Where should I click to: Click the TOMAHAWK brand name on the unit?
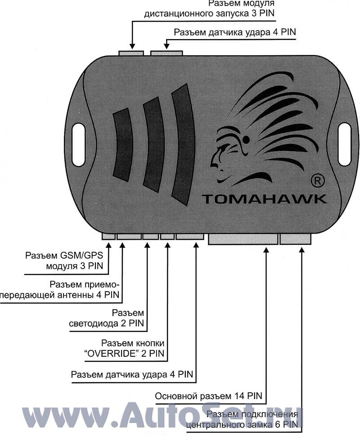click(x=264, y=198)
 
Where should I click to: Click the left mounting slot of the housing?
click(x=79, y=138)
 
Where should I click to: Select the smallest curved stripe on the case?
click(x=123, y=144)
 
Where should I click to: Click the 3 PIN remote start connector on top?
click(x=131, y=53)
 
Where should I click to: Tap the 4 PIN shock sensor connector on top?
click(x=166, y=53)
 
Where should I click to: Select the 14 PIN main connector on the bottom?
click(x=243, y=238)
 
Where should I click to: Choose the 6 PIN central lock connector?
click(x=295, y=238)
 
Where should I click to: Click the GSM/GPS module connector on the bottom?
click(x=108, y=236)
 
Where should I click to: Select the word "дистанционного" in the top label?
click(x=178, y=14)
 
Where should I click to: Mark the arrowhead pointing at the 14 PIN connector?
click(x=266, y=250)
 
